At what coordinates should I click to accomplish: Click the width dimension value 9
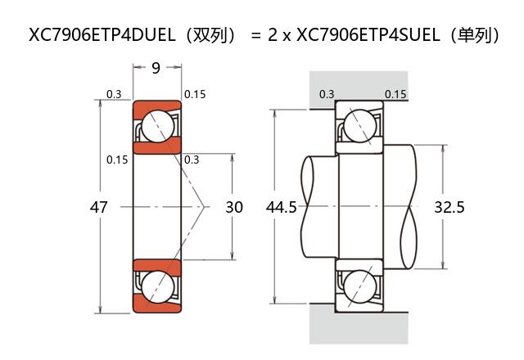(x=156, y=68)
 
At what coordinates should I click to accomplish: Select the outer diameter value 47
(x=98, y=208)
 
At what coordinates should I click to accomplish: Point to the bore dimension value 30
(x=234, y=208)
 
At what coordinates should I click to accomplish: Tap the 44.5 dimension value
(x=282, y=208)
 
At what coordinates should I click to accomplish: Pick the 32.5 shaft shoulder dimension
(x=449, y=208)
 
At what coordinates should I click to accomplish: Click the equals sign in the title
(x=255, y=36)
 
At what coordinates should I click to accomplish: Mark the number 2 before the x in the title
(x=273, y=36)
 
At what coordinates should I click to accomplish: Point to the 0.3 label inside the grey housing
(x=327, y=94)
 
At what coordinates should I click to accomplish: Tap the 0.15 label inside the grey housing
(x=395, y=94)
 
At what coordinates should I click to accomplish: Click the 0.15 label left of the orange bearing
(x=117, y=160)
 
